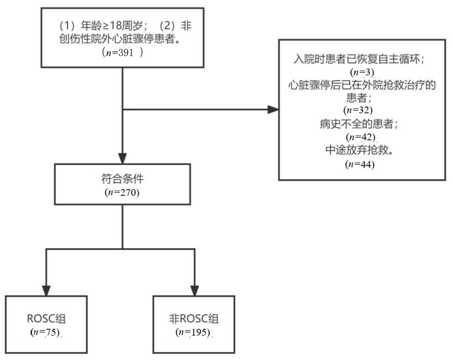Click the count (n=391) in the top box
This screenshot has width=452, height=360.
[x=123, y=52]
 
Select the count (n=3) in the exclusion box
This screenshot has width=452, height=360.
[x=362, y=72]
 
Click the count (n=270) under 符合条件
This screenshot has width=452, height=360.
[x=122, y=192]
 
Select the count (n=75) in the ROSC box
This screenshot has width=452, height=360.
[x=46, y=331]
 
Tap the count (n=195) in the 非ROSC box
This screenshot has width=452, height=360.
[x=194, y=331]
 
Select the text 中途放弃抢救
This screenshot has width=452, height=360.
[x=360, y=151]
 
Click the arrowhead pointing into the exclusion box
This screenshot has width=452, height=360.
[x=273, y=110]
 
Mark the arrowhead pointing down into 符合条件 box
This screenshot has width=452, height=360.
[x=122, y=158]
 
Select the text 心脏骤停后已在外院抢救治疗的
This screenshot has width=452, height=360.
[x=362, y=85]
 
